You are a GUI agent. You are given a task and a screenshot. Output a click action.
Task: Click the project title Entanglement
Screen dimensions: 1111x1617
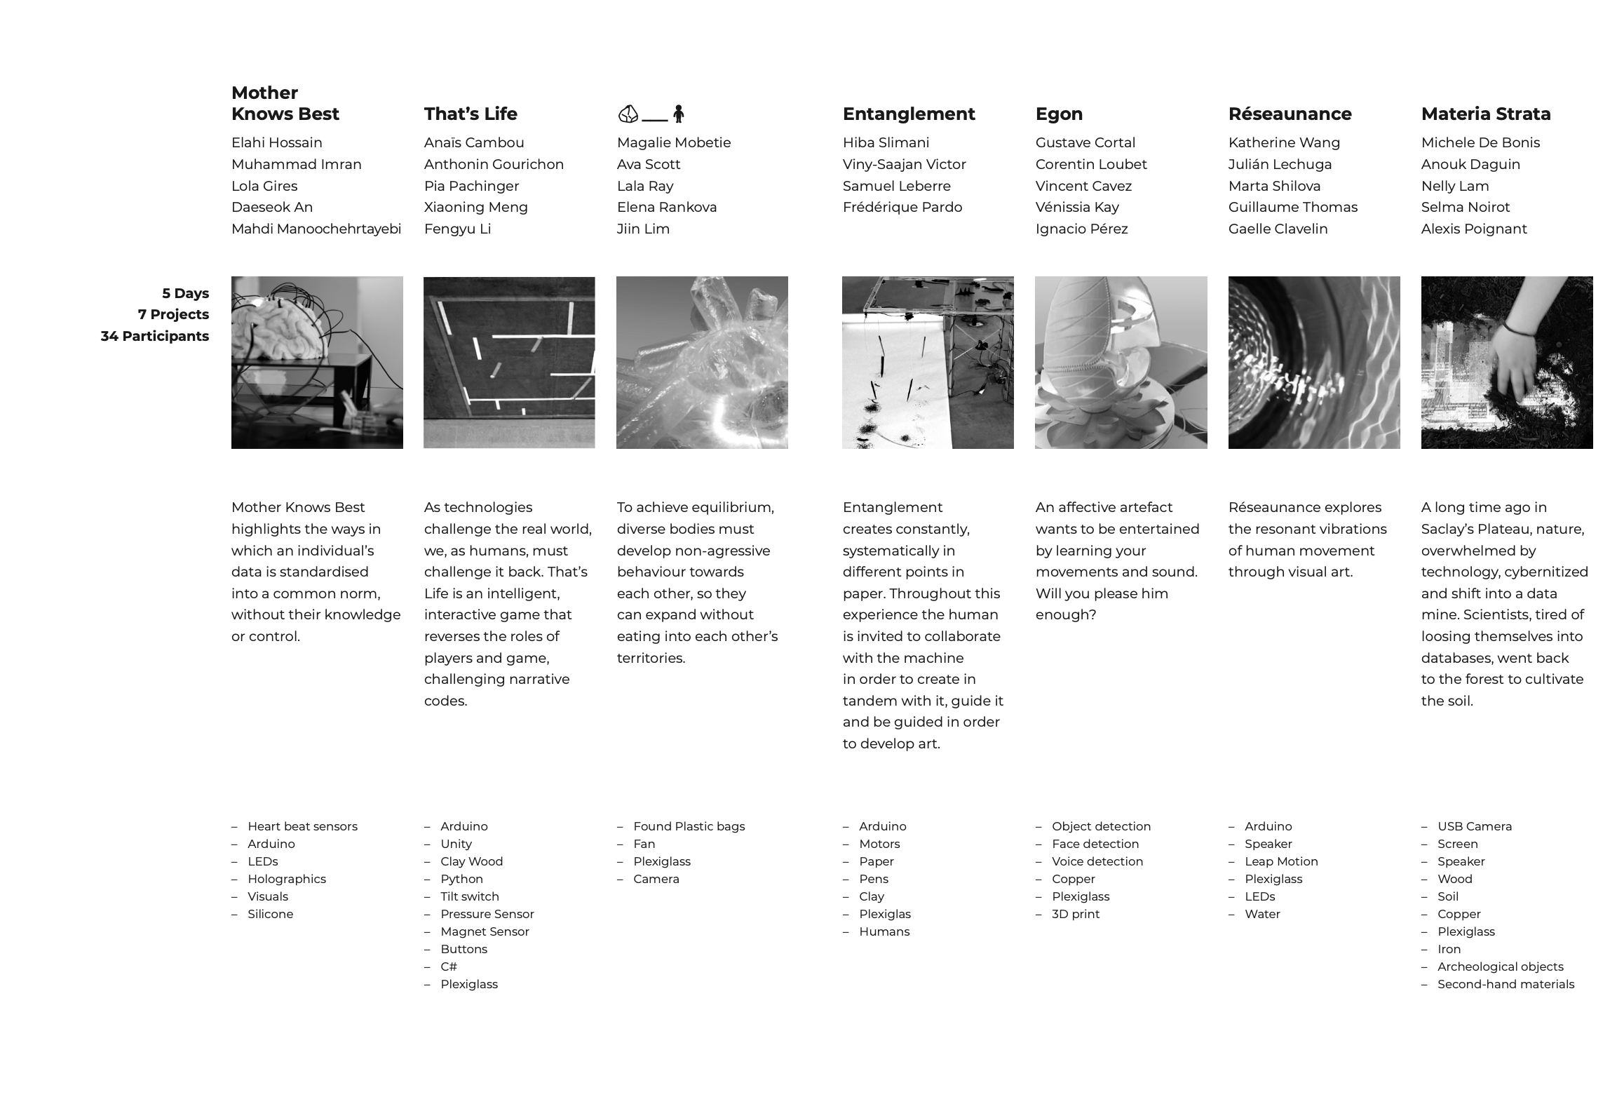tap(908, 114)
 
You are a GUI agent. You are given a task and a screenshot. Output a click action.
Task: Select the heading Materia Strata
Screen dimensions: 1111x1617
tap(1485, 114)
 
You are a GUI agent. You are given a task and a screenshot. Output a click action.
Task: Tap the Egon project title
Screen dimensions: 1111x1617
tap(1059, 114)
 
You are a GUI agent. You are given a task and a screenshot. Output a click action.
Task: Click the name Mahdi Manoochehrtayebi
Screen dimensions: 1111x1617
tap(316, 229)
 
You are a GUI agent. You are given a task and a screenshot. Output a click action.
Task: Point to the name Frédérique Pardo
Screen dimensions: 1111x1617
tap(902, 207)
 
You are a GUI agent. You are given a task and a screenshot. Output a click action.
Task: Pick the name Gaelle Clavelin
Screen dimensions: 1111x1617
tap(1278, 229)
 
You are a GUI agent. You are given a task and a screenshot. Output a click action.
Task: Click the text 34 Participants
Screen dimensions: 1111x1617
tap(154, 336)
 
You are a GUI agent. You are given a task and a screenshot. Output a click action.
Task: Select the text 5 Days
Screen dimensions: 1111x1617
tap(185, 293)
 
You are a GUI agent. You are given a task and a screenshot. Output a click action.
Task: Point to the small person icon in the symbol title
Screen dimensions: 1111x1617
tap(678, 114)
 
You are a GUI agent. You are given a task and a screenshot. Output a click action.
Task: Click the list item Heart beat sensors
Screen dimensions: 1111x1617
tap(302, 826)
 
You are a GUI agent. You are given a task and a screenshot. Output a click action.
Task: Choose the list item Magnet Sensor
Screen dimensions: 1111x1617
tap(485, 931)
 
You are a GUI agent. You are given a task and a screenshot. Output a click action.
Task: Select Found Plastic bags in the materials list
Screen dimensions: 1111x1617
tap(689, 826)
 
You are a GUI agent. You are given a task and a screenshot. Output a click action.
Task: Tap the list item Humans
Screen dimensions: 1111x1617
tap(884, 931)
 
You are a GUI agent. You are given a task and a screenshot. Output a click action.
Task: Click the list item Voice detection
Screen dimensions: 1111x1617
tap(1097, 861)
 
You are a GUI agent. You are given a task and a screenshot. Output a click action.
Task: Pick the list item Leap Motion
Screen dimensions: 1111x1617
tap(1281, 861)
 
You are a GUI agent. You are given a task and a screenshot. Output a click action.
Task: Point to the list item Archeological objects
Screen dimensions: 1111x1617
tap(1500, 967)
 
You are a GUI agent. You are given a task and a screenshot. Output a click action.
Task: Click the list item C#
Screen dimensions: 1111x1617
tap(449, 967)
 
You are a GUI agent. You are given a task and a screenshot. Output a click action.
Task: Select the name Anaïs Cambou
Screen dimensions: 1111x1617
tap(474, 142)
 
